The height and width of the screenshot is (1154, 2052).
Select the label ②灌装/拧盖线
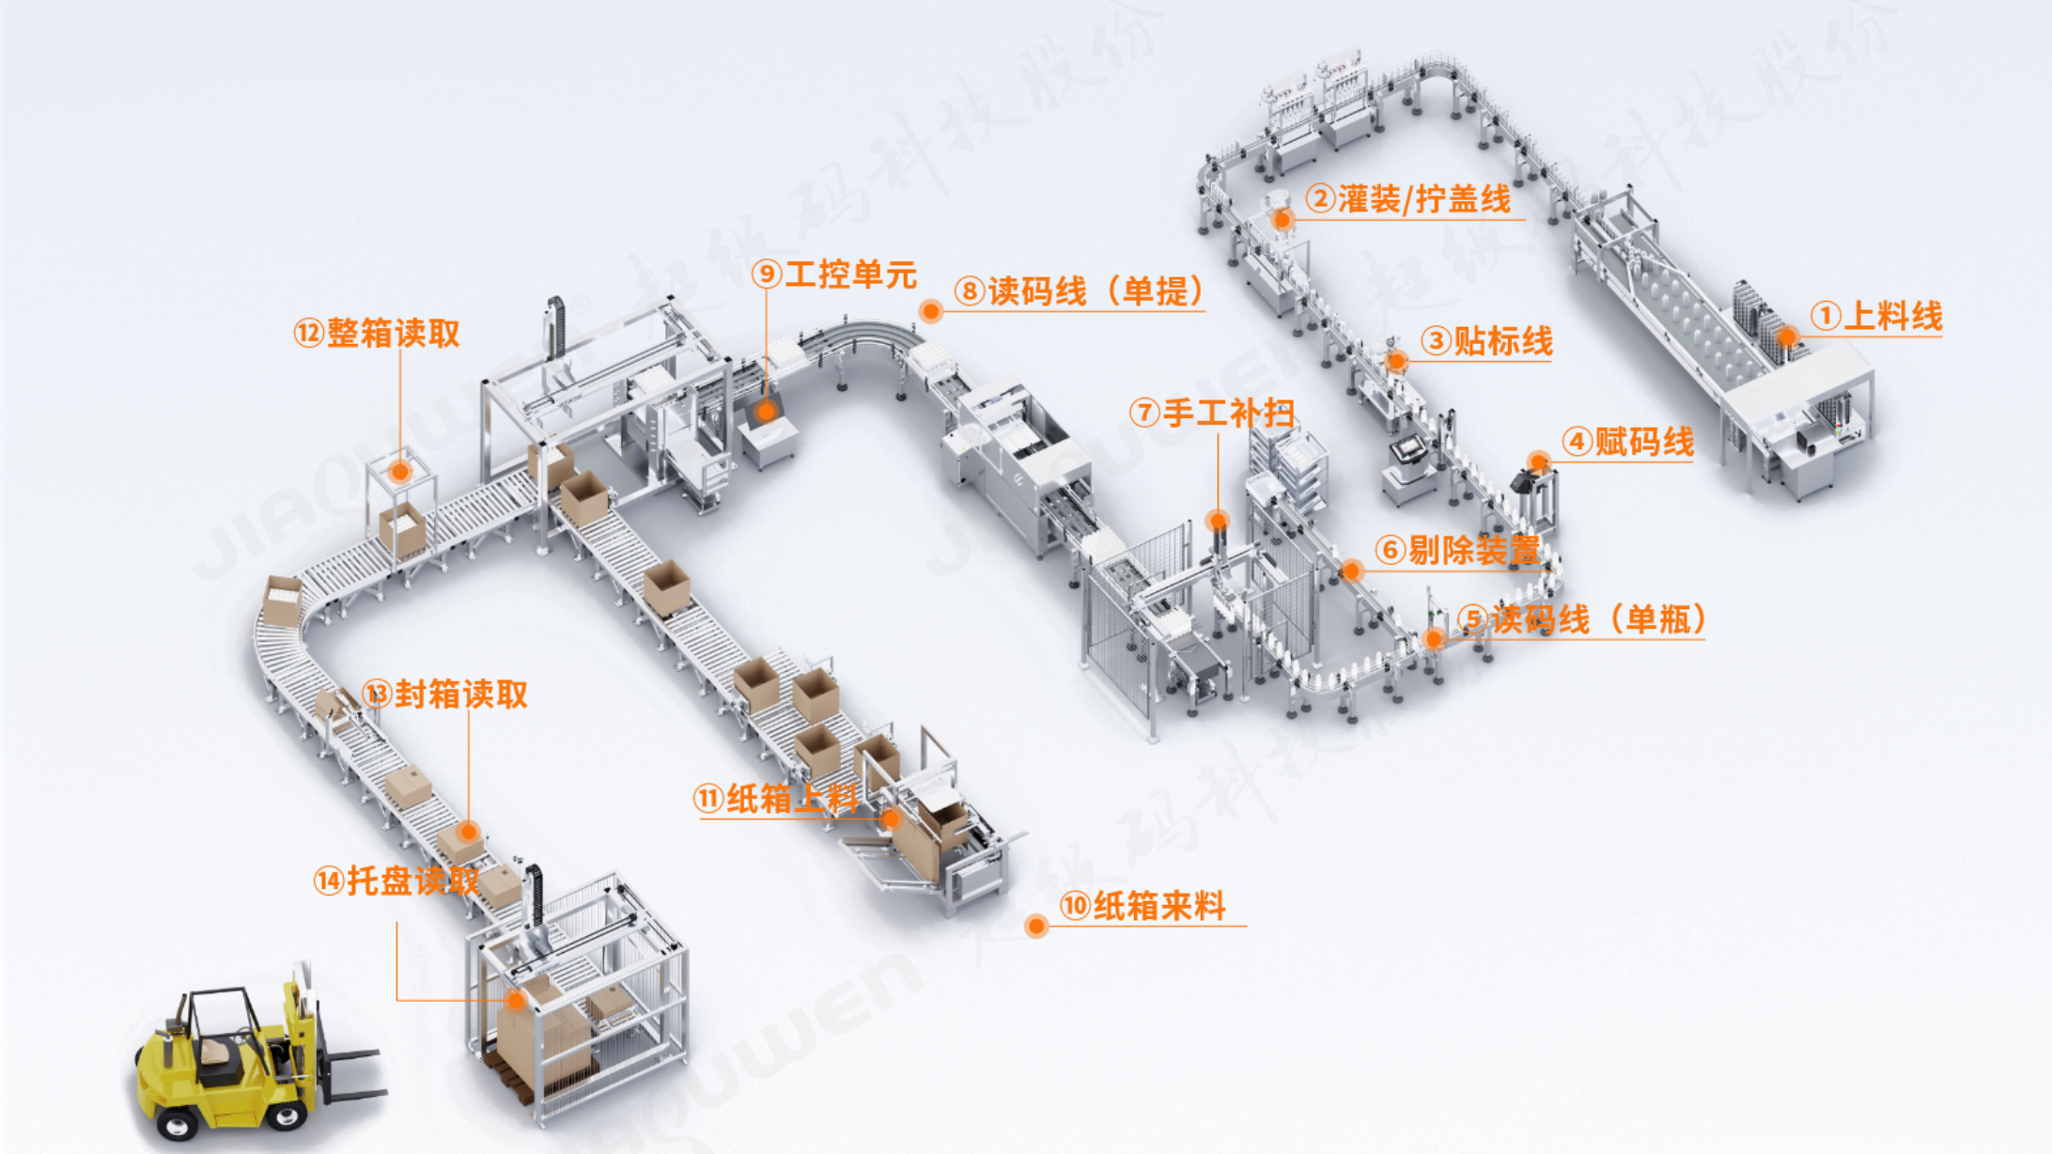(x=1408, y=198)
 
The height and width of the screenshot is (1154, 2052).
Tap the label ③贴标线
(x=1486, y=340)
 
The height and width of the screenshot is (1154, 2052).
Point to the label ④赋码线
(x=1628, y=441)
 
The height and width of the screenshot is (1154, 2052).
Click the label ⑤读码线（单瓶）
(x=1583, y=619)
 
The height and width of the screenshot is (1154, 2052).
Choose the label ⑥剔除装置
(x=1458, y=550)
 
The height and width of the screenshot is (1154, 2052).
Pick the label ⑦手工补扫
(x=1212, y=412)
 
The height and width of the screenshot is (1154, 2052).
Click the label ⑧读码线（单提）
(x=1080, y=290)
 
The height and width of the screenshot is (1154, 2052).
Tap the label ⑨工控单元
(x=834, y=274)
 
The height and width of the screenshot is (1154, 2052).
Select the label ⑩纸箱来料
(x=1143, y=906)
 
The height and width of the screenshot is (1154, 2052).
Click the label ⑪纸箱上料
(x=776, y=799)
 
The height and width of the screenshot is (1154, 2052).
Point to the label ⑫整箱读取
(x=377, y=333)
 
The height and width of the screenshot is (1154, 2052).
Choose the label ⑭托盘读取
(x=396, y=881)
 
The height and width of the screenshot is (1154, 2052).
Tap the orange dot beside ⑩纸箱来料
(x=1036, y=926)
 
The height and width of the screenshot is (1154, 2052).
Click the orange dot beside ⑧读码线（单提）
(x=930, y=311)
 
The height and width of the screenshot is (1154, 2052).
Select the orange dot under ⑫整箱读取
(x=400, y=471)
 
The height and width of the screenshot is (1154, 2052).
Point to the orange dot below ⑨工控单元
(x=766, y=411)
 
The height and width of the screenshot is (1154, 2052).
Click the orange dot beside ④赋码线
(x=1538, y=461)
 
